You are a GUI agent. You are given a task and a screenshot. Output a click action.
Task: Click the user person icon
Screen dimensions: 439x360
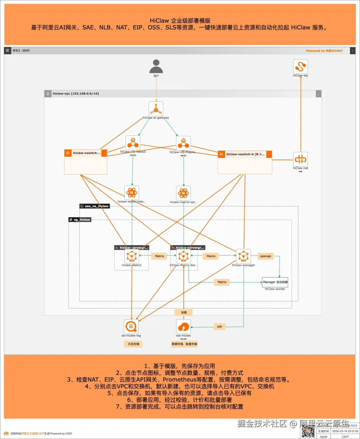[x=156, y=66]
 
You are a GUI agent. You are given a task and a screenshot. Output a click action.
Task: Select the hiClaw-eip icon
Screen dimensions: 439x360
[x=300, y=66]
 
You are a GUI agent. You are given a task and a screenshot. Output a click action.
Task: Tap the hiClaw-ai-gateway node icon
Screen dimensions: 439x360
[x=156, y=109]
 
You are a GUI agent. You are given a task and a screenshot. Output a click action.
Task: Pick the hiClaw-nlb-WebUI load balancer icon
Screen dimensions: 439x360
[x=133, y=143]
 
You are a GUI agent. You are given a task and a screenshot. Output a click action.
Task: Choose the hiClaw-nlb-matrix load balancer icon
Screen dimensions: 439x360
[x=183, y=143]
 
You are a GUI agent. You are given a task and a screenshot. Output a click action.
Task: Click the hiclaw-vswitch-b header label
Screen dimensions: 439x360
[x=245, y=154]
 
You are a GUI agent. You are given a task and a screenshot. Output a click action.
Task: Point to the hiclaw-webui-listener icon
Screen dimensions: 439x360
[x=132, y=193]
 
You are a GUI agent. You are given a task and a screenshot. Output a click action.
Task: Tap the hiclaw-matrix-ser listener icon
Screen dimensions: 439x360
[x=183, y=193]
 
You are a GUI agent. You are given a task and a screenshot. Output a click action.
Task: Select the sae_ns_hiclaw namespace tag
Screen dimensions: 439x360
[x=95, y=206]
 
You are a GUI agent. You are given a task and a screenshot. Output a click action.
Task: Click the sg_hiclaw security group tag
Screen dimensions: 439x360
[x=80, y=220]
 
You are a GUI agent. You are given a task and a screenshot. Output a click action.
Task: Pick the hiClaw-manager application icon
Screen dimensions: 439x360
[x=243, y=256]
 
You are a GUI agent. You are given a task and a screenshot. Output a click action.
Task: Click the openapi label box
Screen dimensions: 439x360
[x=265, y=256]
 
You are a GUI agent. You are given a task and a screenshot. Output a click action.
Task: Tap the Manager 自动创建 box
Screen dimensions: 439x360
[x=275, y=282]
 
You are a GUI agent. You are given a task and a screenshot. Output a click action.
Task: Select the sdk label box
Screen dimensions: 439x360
[x=219, y=326]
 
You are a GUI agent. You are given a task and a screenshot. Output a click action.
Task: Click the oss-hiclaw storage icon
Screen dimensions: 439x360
[x=183, y=326]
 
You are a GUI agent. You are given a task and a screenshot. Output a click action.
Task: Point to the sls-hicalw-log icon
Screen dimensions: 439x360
[x=131, y=326]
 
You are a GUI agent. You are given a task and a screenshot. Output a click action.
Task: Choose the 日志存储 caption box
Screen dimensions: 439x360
[x=134, y=344]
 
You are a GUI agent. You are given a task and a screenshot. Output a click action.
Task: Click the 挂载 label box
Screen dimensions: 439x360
[x=184, y=312]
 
